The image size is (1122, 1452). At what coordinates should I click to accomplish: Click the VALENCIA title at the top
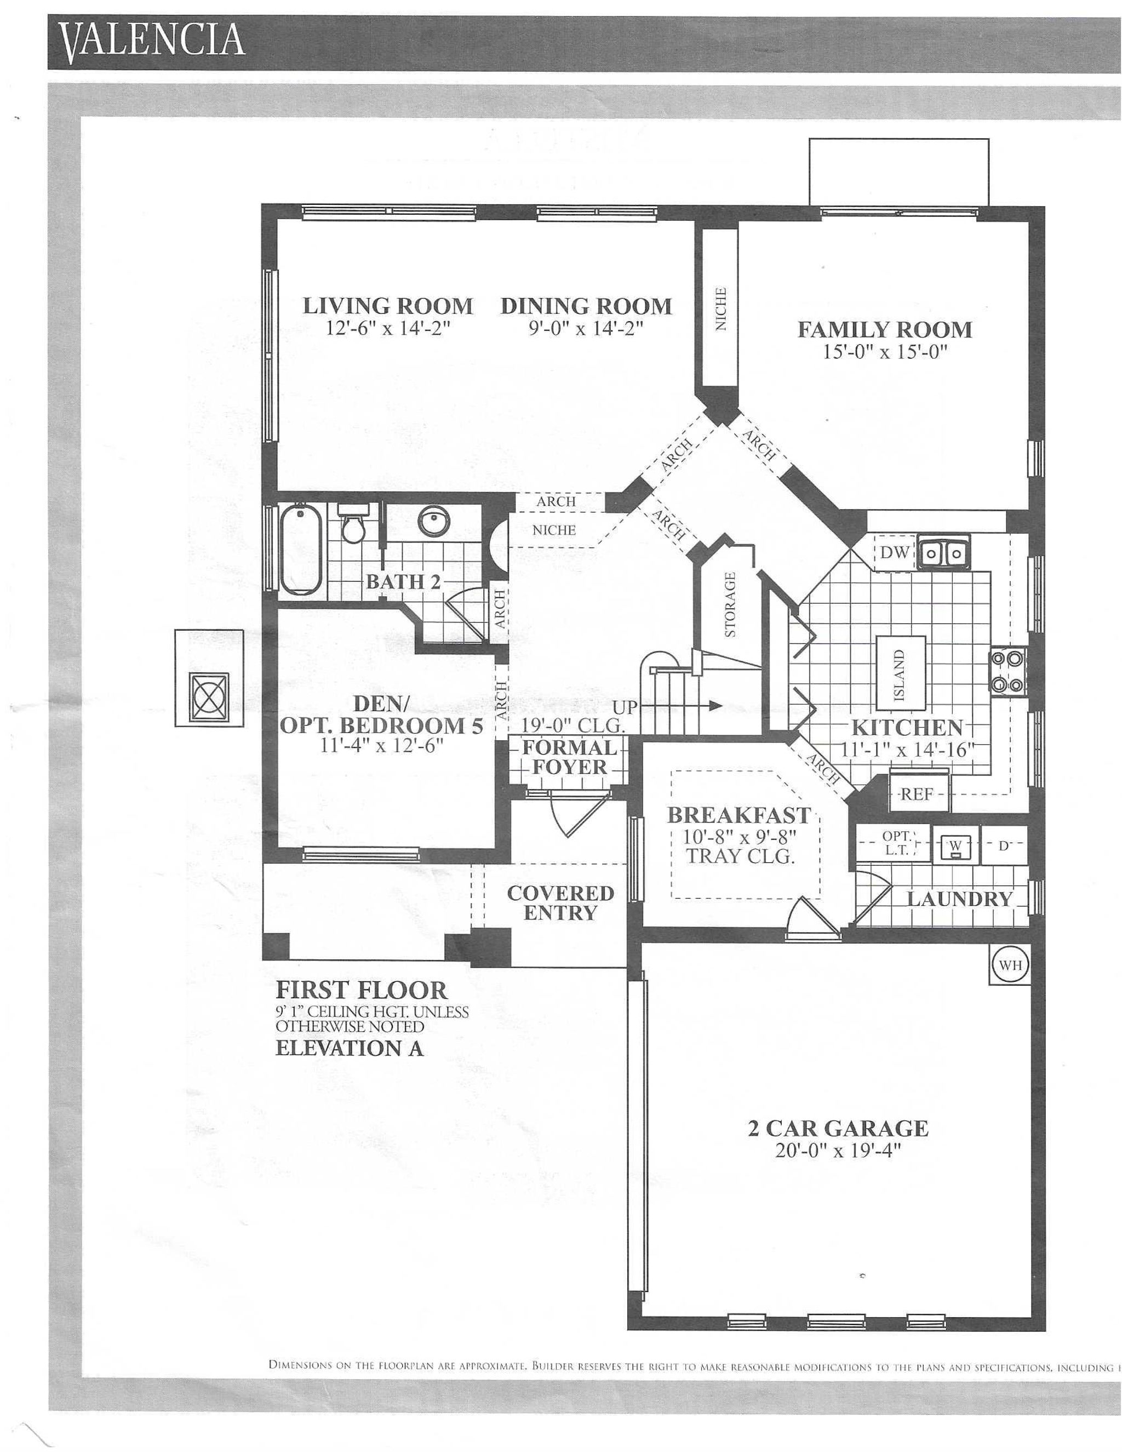coord(153,41)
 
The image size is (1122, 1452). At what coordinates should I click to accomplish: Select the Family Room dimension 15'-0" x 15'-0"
coord(884,352)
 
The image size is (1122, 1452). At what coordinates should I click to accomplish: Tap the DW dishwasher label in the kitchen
coord(894,552)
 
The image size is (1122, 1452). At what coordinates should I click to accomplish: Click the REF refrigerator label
coord(916,794)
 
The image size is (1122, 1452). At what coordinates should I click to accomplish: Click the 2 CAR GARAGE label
coord(838,1129)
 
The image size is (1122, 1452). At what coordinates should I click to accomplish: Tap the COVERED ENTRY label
coord(560,903)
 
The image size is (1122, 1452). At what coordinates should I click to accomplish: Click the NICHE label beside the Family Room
coord(720,308)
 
